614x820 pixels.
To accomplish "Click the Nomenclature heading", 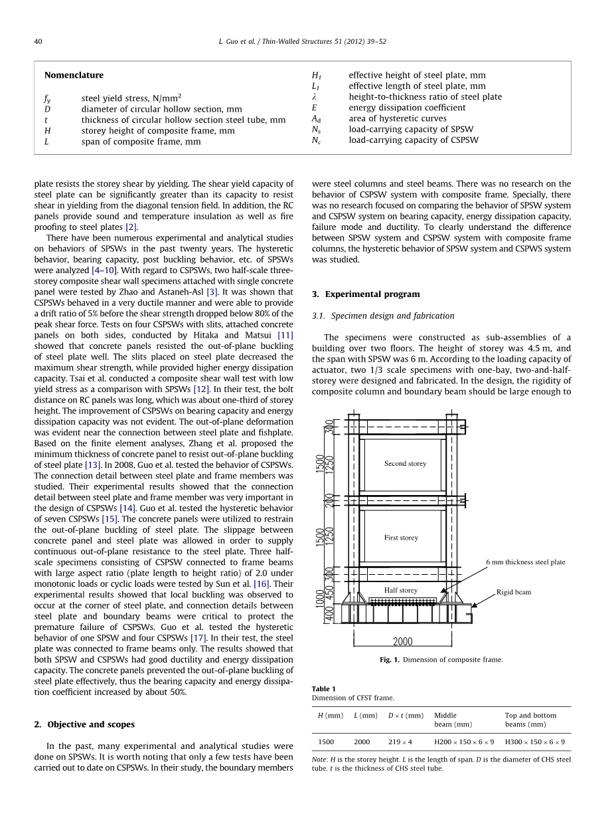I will [74, 75].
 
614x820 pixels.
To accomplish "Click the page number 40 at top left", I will [38, 41].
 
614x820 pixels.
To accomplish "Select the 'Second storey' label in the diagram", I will [405, 464].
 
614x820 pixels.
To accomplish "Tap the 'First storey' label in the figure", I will [401, 538].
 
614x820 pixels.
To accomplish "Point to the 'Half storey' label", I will [401, 590].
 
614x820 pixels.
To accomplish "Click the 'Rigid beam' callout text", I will [514, 592].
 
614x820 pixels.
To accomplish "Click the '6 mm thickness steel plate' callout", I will [525, 562].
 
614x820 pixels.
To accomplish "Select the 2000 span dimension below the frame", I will [402, 642].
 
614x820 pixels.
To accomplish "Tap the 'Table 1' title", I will [324, 688].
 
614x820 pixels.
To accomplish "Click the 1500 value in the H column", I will [326, 742].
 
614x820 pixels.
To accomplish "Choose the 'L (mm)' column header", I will [366, 716].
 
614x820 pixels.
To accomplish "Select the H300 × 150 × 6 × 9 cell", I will [535, 742].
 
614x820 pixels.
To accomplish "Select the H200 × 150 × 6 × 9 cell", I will [464, 742].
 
